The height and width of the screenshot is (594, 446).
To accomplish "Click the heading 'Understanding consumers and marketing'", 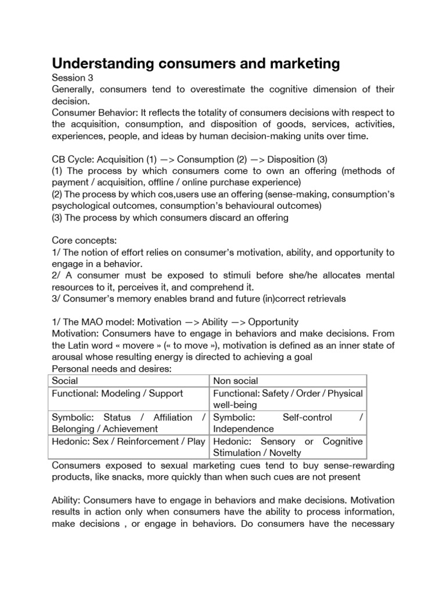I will click(196, 63).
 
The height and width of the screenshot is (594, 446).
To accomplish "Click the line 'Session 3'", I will click(73, 77).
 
